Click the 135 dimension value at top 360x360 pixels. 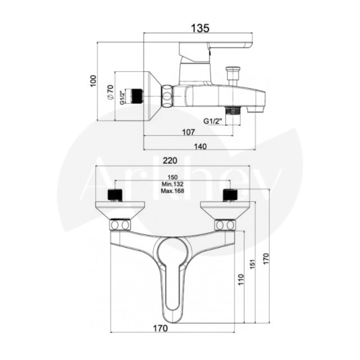(200, 28)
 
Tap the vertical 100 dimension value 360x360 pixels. (93, 81)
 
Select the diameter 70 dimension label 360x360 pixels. (110, 92)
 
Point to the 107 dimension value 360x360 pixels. (189, 132)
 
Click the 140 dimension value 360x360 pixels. (201, 146)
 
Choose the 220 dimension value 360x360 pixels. (170, 160)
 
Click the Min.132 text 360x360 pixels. (172, 184)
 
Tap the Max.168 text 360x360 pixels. (172, 190)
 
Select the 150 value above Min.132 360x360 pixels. (173, 177)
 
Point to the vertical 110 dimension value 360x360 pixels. (240, 279)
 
